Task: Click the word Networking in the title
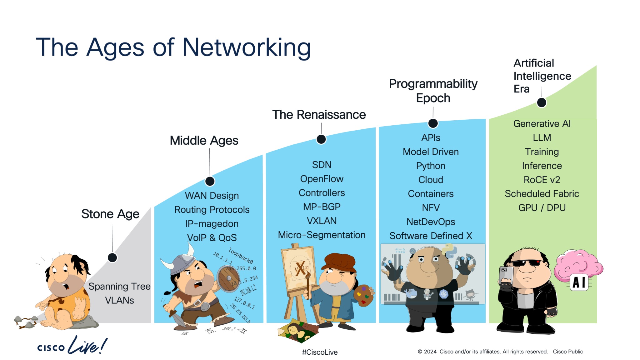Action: [x=246, y=47]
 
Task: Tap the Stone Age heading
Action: [x=110, y=214]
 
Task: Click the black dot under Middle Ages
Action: [x=210, y=181]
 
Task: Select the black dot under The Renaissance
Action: [x=321, y=139]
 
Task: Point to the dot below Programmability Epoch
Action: [x=433, y=123]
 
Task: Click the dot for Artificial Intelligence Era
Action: [x=541, y=102]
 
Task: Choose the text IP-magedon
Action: [x=212, y=224]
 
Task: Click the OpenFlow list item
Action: [x=322, y=179]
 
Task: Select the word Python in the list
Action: [x=430, y=166]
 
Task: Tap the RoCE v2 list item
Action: [x=542, y=180]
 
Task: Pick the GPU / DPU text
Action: [x=542, y=207]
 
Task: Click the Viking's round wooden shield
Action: [x=228, y=278]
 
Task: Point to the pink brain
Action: [x=577, y=264]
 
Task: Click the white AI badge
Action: [x=579, y=282]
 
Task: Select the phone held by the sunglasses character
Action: [x=506, y=275]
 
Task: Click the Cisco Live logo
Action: [x=72, y=346]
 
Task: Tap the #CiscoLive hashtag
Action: [x=320, y=352]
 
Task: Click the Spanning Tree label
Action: [x=119, y=286]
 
